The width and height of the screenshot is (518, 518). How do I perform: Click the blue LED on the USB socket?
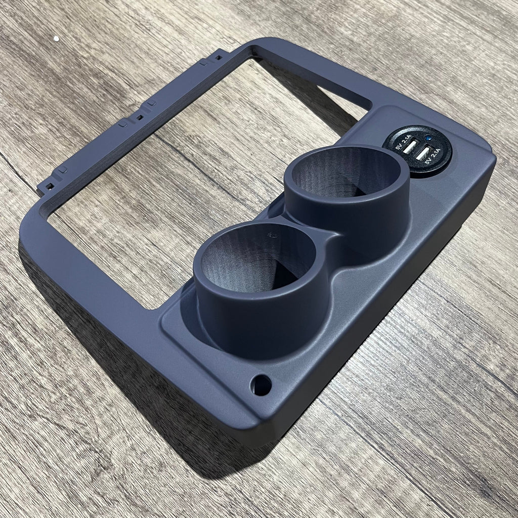428,137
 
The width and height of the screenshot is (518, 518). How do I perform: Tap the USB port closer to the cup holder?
410,147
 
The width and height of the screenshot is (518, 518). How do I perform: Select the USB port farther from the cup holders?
422,154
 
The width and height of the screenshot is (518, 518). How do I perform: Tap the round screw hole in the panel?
261,385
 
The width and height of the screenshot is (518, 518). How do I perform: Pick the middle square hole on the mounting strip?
140,117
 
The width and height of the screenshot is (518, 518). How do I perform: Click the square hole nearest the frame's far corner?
219,57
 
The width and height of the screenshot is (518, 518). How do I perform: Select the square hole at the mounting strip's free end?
50,186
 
